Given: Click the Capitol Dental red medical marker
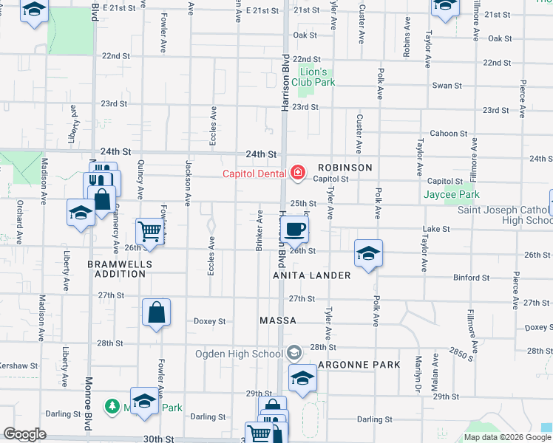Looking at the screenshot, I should point(297,173).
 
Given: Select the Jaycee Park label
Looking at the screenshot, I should point(451,195).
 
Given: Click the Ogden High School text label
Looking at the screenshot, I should point(240,353).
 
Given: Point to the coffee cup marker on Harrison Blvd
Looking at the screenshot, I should point(295,230).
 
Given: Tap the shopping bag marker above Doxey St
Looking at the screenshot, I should point(157,312).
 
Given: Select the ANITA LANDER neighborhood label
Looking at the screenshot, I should point(311,275).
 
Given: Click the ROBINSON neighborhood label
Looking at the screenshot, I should point(345,168).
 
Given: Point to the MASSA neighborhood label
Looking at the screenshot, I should point(278,321).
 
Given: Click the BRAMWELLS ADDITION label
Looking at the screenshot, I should point(120,269).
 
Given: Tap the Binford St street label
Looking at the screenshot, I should point(471,278).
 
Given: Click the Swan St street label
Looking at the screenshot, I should point(447,86).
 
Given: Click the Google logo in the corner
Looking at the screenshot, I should point(24,434).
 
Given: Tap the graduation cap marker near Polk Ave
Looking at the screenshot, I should point(368,254).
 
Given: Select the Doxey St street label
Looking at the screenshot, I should point(209,321).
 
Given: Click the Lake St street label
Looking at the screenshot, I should point(436,230).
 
